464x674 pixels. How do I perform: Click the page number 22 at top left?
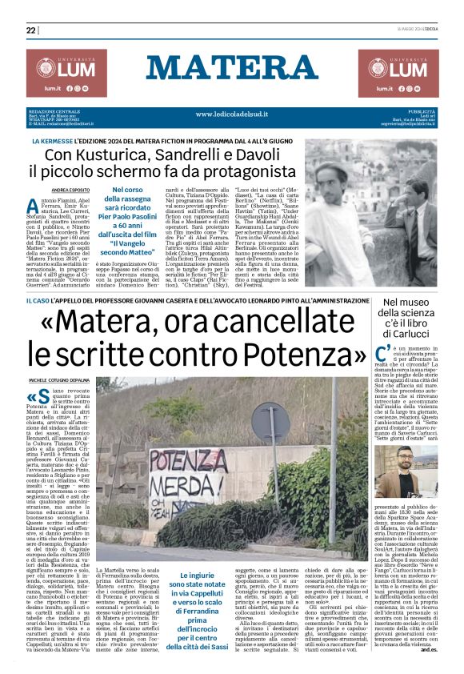(x=31, y=30)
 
